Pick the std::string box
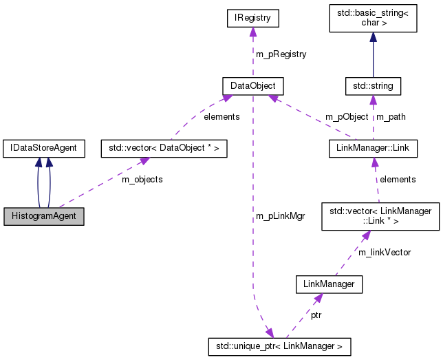(x=372, y=86)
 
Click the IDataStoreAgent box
(x=43, y=147)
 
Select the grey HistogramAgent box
(x=43, y=216)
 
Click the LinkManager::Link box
(x=372, y=147)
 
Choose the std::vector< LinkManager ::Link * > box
(x=380, y=216)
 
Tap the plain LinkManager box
(x=328, y=283)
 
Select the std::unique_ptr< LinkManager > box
(x=279, y=346)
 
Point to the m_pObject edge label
(x=347, y=117)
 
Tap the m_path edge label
(x=391, y=117)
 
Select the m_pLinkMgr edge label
(x=280, y=216)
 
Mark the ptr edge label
(x=315, y=315)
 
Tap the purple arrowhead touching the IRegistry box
(x=252, y=32)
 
